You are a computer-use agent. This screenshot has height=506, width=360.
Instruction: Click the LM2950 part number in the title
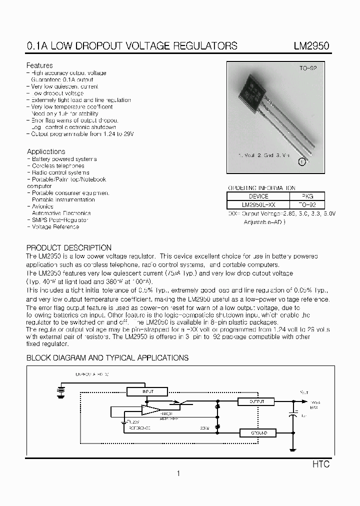pos(311,46)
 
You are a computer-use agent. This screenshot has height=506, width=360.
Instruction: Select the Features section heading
pos(39,65)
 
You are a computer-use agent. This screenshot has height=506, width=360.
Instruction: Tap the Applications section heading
pos(46,151)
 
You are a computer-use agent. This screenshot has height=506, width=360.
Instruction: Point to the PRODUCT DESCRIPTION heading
pos(69,248)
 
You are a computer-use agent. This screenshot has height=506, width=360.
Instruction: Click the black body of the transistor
pos(252,92)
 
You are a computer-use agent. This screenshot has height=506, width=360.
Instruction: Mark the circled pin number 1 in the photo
pos(302,161)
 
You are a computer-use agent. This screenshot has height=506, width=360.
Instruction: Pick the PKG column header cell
pos(307,196)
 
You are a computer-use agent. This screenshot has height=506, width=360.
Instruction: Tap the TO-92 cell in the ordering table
pos(307,205)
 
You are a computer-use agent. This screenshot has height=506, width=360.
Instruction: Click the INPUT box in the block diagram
pos(148,391)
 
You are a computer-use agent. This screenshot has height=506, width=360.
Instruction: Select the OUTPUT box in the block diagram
pos(257,401)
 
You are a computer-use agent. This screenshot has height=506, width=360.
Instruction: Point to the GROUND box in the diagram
pos(257,432)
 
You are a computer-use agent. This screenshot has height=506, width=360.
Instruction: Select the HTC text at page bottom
pos(321,464)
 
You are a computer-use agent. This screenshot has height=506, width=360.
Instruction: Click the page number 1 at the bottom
pos(178,473)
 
